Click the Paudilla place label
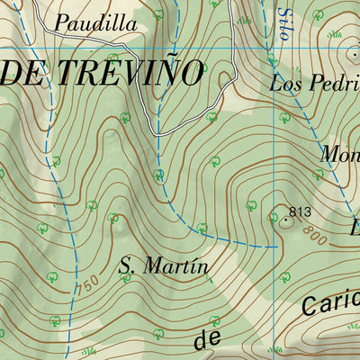(96, 24)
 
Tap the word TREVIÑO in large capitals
(134, 74)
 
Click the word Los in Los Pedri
(285, 85)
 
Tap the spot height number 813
(300, 212)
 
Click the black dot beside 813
(287, 219)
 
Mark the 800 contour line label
(314, 236)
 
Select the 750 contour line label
(87, 284)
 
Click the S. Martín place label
(164, 265)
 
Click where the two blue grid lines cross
(273, 47)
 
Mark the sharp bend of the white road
(157, 133)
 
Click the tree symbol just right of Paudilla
(158, 15)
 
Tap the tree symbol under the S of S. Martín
(126, 293)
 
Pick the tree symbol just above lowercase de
(214, 319)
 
